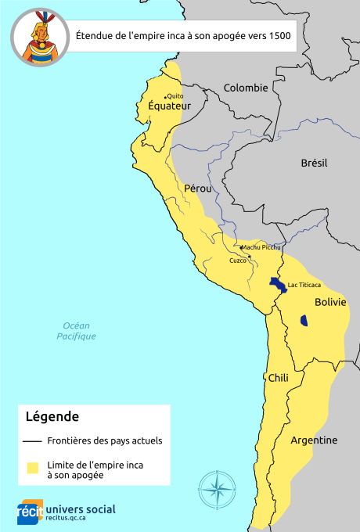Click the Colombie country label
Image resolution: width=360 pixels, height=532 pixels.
point(245,88)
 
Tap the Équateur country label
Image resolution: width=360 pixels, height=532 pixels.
point(169,106)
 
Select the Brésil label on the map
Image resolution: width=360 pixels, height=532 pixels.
point(314,163)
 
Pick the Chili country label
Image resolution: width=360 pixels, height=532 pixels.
point(278,378)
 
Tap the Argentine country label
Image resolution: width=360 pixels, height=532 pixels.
point(314,440)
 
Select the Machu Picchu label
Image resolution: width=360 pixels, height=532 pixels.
point(261,247)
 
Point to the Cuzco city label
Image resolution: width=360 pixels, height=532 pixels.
point(237,260)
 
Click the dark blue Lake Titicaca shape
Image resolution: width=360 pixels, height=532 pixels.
point(276,283)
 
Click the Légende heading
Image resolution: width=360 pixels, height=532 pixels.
point(52,416)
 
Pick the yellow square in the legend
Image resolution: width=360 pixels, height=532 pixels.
point(33,468)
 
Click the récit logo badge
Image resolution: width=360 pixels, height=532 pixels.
point(30,511)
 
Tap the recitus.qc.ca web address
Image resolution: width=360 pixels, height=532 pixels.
point(71,518)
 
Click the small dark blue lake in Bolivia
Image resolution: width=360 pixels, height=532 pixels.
point(304,320)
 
